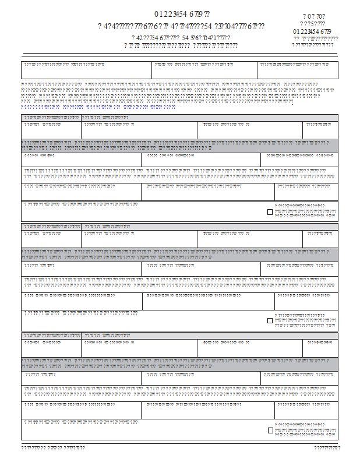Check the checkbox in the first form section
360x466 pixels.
[x=270, y=212]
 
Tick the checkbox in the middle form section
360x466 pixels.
[x=270, y=320]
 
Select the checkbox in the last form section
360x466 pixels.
[x=270, y=430]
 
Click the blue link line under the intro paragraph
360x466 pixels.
[x=98, y=107]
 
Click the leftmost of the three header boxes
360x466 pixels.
[x=86, y=70]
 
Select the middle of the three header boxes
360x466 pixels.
[x=204, y=70]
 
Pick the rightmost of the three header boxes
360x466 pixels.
[x=297, y=70]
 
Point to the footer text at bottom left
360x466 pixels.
[x=53, y=448]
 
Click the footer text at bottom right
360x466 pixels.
[x=327, y=448]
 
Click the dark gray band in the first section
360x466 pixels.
[x=179, y=145]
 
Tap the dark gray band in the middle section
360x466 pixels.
[x=179, y=254]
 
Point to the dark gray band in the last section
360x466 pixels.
[x=179, y=363]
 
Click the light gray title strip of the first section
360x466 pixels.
[x=179, y=118]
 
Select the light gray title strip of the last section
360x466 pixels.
[x=179, y=335]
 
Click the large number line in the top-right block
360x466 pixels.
[x=313, y=31]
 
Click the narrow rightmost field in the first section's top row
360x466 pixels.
[x=320, y=130]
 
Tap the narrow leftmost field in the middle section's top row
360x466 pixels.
[x=51, y=239]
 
